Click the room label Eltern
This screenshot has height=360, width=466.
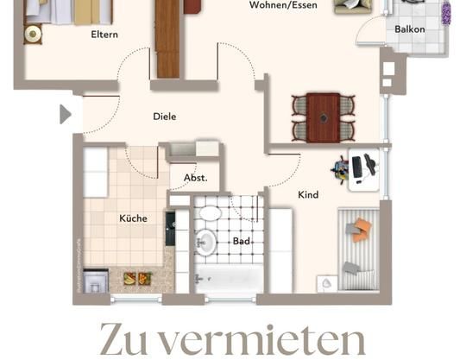[104, 35]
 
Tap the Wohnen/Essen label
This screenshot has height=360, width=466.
[283, 5]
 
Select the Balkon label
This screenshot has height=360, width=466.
[409, 29]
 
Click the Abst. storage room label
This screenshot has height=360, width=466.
[195, 177]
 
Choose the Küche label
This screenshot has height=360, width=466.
[133, 218]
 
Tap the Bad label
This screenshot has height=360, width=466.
[242, 241]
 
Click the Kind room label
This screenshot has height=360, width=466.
[308, 195]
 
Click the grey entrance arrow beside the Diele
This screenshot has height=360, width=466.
[65, 114]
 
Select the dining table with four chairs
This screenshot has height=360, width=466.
[324, 117]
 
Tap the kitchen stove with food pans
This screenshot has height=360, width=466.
[136, 279]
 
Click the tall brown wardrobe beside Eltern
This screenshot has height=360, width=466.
[167, 39]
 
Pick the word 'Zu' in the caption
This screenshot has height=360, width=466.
[129, 341]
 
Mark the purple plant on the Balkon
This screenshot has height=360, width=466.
[446, 12]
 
